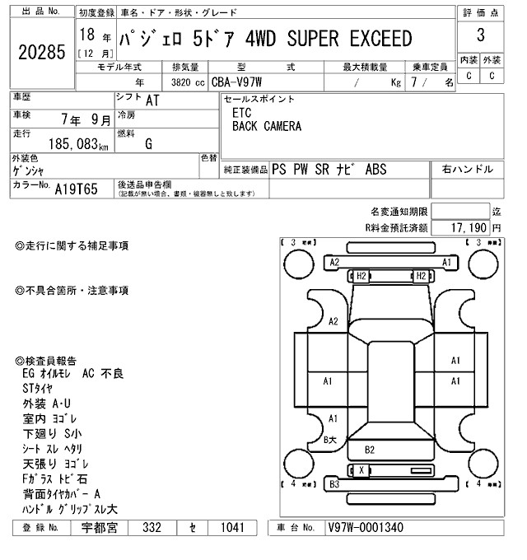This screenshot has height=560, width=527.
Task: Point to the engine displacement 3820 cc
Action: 188,82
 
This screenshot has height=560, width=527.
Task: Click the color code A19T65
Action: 76,189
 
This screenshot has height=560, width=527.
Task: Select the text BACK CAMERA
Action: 266,127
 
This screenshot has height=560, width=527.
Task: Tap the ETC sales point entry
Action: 241,114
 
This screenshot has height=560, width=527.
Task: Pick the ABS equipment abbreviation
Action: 372,170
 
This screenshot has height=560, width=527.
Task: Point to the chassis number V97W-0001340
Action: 365,527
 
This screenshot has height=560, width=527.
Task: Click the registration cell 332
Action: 151,527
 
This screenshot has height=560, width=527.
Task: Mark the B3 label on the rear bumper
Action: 334,484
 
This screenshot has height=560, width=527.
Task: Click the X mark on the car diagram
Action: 361,469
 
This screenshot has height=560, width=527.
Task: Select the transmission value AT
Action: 152,101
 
